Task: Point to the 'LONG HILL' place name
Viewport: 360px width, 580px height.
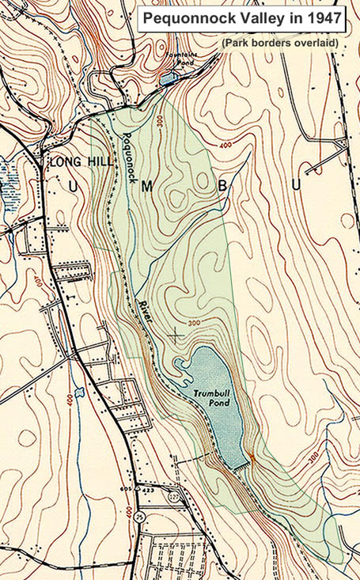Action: point(78,161)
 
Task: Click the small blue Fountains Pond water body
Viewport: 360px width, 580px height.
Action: point(166,78)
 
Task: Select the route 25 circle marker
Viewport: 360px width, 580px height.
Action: point(142,517)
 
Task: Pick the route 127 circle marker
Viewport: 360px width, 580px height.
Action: point(172,497)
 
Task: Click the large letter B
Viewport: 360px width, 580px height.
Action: point(222,186)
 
